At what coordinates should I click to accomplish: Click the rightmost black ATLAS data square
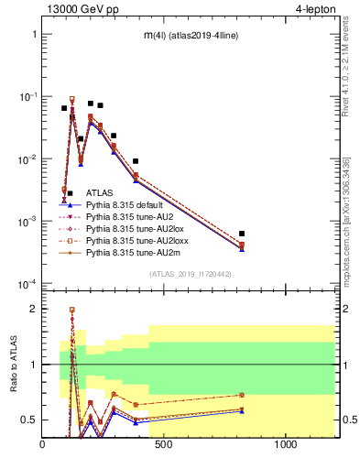click(x=319, y=234)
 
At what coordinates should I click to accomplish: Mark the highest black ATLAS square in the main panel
click(x=91, y=104)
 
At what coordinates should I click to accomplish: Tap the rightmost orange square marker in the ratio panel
click(x=319, y=395)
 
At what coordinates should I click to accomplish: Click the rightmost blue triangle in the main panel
click(x=319, y=248)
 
